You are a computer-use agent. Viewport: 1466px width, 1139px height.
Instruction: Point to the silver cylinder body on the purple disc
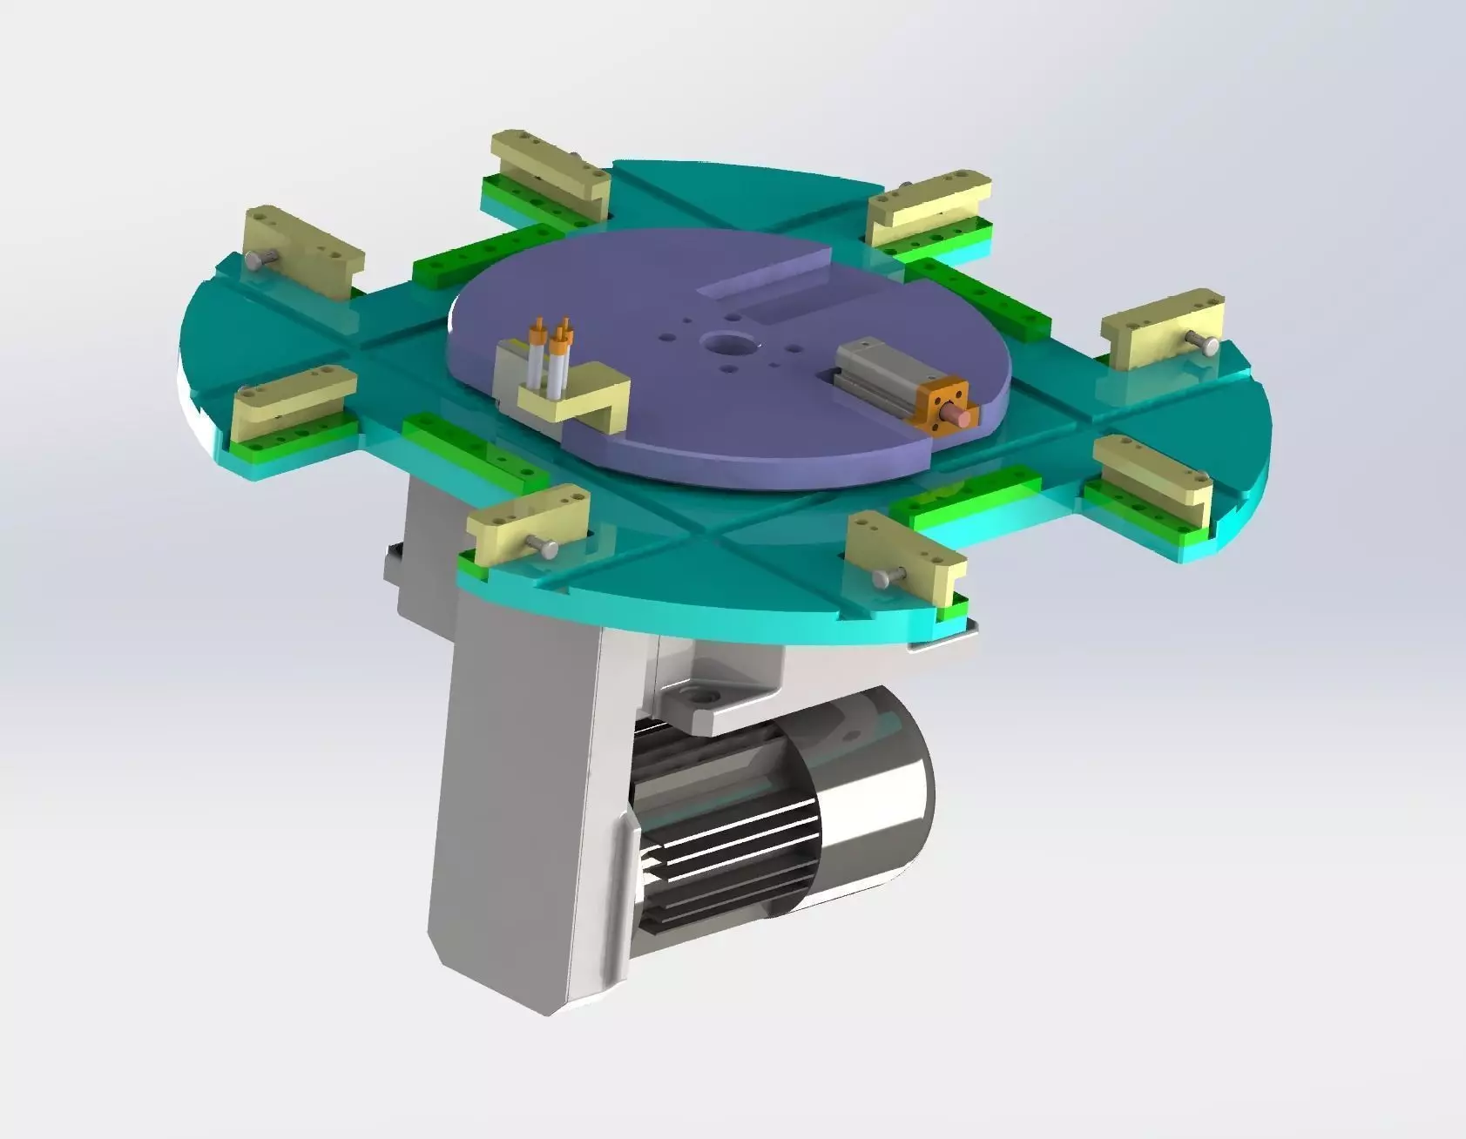point(875,366)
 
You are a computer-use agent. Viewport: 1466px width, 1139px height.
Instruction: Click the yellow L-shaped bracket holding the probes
point(575,401)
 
